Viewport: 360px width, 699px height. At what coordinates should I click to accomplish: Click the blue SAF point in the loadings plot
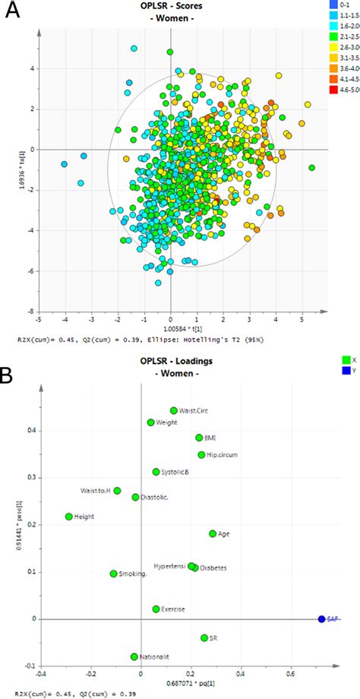pyautogui.click(x=321, y=619)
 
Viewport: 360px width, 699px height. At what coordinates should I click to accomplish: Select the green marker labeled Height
pyautogui.click(x=69, y=517)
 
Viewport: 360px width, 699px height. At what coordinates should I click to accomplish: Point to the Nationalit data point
pyautogui.click(x=134, y=656)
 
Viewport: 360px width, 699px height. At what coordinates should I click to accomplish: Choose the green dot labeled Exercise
pyautogui.click(x=156, y=609)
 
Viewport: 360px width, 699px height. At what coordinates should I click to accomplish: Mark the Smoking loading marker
pyautogui.click(x=114, y=574)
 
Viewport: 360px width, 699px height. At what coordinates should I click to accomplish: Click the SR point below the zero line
pyautogui.click(x=204, y=637)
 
